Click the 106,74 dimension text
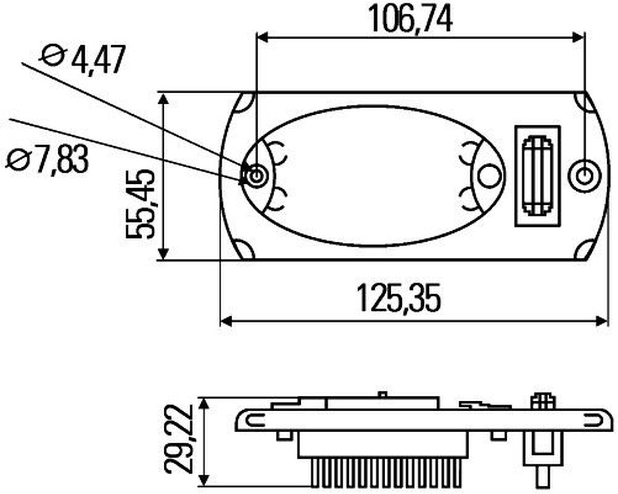click(410, 19)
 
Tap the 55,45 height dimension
click(141, 204)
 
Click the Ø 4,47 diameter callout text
click(83, 60)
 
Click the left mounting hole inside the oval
click(255, 174)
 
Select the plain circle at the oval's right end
click(489, 175)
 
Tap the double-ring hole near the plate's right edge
click(585, 175)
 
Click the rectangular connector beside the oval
click(537, 176)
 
